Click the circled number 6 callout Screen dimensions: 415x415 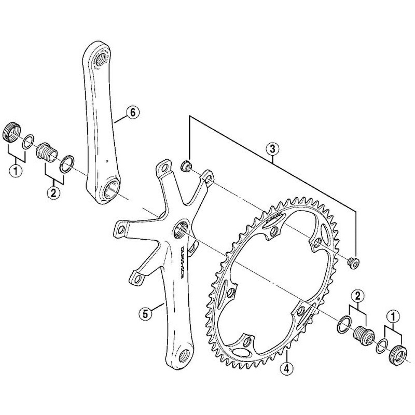click(132, 112)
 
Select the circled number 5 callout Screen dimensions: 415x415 click(147, 313)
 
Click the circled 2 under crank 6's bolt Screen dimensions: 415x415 click(53, 193)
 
